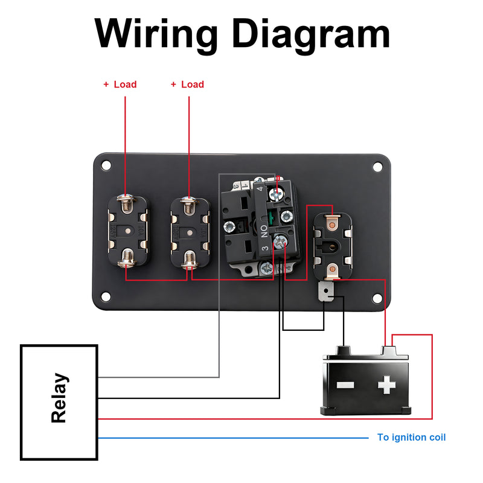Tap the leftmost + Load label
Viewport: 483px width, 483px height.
120,85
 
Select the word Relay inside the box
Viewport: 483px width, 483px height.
59,398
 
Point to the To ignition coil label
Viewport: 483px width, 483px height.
411,437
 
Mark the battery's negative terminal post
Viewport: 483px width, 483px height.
343,350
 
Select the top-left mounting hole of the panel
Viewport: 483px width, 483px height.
106,165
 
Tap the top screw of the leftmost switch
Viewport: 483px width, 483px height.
127,205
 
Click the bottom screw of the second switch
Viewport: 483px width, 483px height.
190,261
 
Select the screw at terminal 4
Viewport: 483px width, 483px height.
277,194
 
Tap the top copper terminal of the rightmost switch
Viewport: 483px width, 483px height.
330,225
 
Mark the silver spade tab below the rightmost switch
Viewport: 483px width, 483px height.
326,293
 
